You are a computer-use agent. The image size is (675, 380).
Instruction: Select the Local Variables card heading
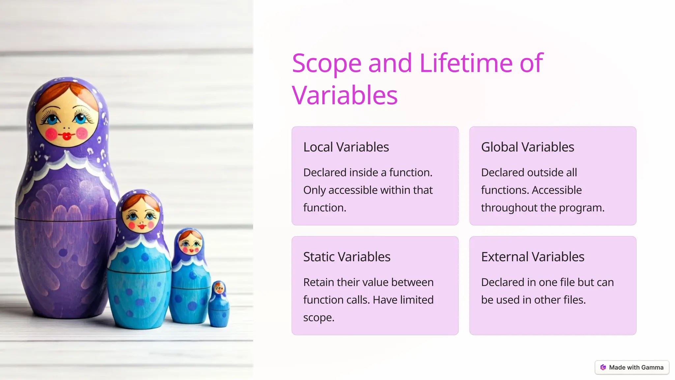point(346,147)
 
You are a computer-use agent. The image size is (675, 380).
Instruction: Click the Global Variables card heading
point(527,147)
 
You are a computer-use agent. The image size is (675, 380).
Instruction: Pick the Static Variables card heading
point(347,257)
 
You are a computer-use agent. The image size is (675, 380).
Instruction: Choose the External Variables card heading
point(533,257)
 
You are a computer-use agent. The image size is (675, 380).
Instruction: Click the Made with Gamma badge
point(632,367)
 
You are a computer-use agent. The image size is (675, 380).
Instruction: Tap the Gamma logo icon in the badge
point(603,367)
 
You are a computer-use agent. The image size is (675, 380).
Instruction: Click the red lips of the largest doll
point(67,136)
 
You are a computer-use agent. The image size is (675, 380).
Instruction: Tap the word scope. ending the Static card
point(319,318)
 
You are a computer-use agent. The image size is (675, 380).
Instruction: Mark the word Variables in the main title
point(345,95)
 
